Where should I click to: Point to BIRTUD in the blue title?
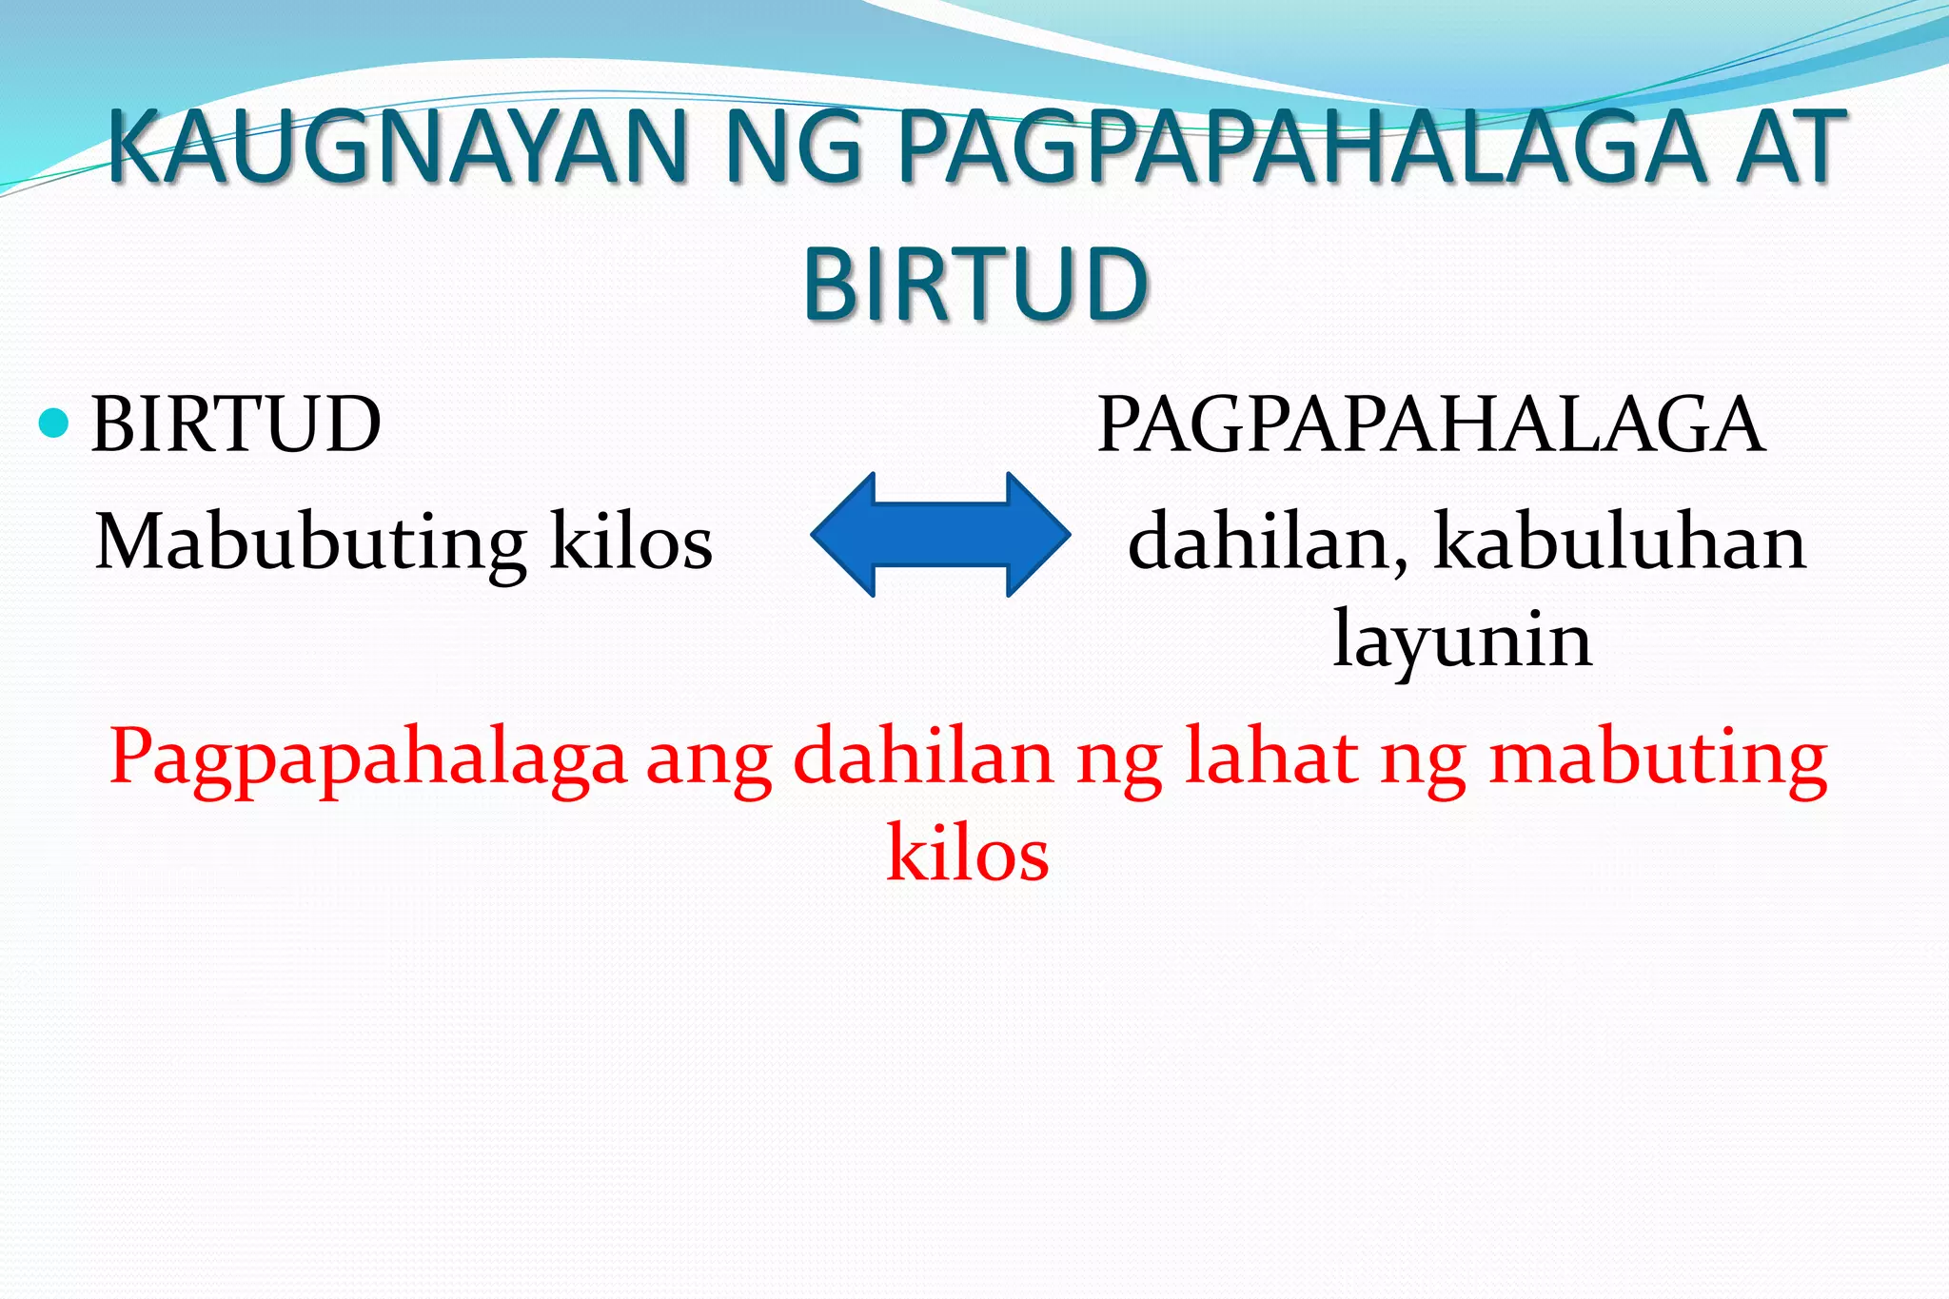coord(975,284)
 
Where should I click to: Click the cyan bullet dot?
coord(54,423)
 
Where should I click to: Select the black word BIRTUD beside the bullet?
coord(236,424)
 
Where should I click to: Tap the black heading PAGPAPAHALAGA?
coord(1430,424)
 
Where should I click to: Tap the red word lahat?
coord(1271,758)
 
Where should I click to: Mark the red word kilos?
coord(968,853)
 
